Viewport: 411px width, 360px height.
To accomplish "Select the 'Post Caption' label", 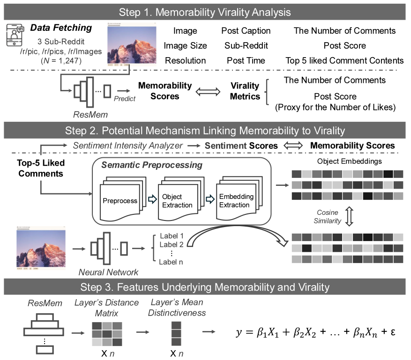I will pos(246,31).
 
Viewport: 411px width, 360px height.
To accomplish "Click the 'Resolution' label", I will pos(185,60).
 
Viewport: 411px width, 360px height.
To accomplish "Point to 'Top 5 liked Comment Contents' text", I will pos(344,60).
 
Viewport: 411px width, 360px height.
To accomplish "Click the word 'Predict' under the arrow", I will pos(125,99).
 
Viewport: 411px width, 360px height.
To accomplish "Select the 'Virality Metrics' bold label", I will pos(245,91).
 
